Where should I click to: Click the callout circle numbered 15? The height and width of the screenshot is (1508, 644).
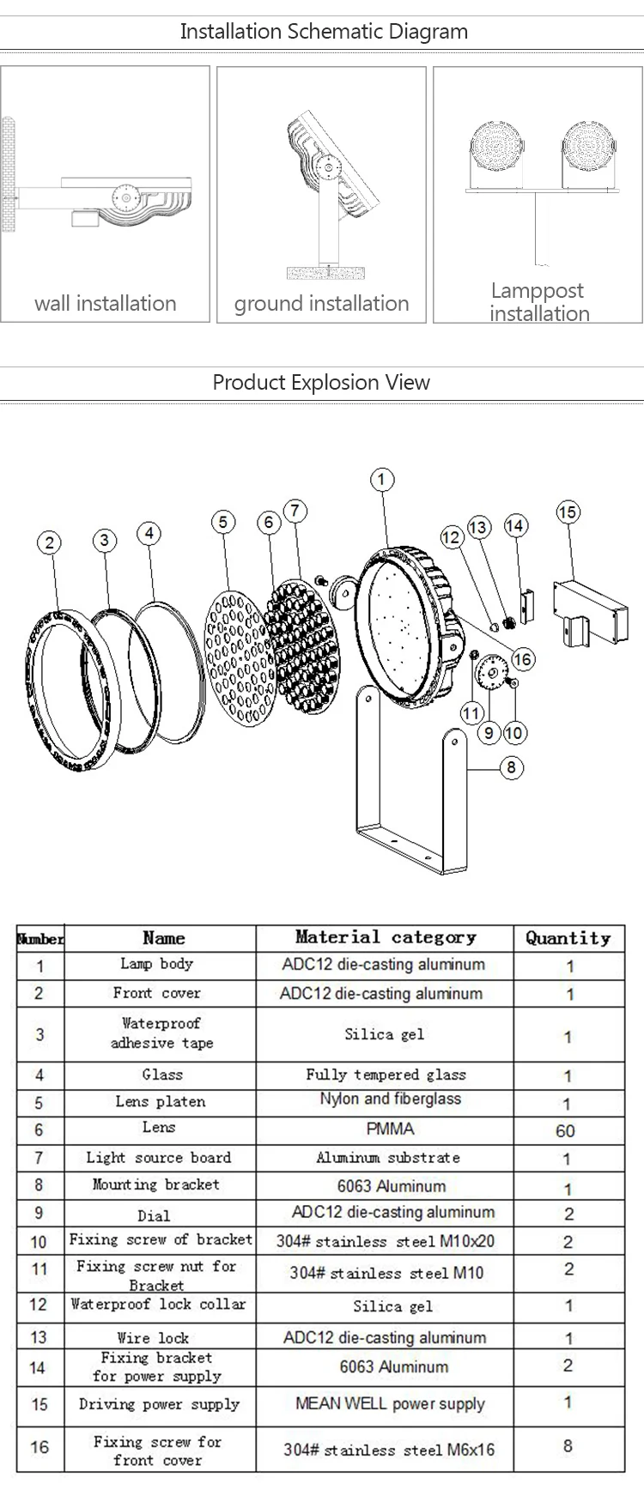pyautogui.click(x=568, y=512)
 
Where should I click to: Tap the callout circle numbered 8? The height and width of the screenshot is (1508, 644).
pyautogui.click(x=511, y=766)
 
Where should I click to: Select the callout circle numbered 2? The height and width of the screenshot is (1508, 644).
pyautogui.click(x=50, y=542)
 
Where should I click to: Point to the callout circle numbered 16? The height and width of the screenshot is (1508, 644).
pyautogui.click(x=523, y=659)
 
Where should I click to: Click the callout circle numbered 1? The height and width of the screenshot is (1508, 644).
pyautogui.click(x=381, y=480)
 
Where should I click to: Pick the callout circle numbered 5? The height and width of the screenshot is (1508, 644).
pyautogui.click(x=223, y=522)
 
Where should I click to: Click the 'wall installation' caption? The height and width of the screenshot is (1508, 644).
pyautogui.click(x=106, y=303)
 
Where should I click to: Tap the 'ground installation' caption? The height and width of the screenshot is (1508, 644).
pyautogui.click(x=322, y=303)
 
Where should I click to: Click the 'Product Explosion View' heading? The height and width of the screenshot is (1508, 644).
pyautogui.click(x=321, y=382)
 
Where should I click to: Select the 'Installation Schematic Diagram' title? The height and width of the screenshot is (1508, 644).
pyautogui.click(x=324, y=32)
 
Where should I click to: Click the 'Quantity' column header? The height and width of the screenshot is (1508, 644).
pyautogui.click(x=568, y=938)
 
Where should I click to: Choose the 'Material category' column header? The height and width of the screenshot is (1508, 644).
pyautogui.click(x=385, y=937)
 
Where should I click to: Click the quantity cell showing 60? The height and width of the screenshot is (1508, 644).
pyautogui.click(x=565, y=1130)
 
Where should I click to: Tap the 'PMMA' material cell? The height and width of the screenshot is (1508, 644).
pyautogui.click(x=390, y=1129)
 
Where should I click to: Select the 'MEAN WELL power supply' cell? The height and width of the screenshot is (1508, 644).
pyautogui.click(x=390, y=1404)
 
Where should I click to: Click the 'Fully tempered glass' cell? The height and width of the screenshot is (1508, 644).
pyautogui.click(x=386, y=1075)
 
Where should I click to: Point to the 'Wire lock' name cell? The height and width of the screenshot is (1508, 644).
pyautogui.click(x=153, y=1337)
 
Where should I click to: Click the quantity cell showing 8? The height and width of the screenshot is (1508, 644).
pyautogui.click(x=568, y=1446)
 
